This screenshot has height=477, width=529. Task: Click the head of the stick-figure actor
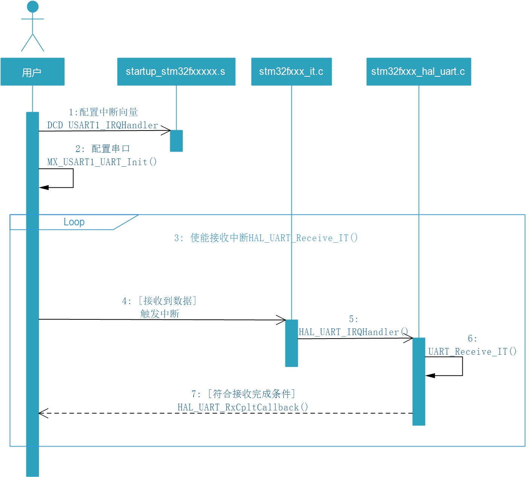point(33,6)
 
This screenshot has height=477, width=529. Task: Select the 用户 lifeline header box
point(32,72)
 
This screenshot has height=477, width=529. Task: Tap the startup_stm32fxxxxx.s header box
point(176,72)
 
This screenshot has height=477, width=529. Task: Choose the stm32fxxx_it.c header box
point(291,72)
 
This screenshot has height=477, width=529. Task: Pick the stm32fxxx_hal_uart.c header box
point(419,72)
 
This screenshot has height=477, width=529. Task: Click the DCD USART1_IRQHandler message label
point(102,125)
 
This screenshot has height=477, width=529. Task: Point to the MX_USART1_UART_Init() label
point(102,162)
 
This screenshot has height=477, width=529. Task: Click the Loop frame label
point(74,222)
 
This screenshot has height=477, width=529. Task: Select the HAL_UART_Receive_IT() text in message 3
point(303,238)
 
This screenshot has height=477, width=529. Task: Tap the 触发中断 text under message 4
point(160,314)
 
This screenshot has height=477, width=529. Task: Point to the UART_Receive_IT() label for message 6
point(472,352)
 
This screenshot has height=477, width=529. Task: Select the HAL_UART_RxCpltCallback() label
point(243,407)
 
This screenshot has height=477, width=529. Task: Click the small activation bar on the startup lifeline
point(176,141)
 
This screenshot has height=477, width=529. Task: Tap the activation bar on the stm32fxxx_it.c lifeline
point(291,343)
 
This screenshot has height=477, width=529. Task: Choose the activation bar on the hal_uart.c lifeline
point(419,381)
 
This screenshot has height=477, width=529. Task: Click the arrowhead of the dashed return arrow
point(42,413)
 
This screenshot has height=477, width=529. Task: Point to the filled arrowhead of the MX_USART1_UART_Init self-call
point(44,187)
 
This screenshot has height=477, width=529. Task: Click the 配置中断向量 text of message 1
point(108,112)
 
